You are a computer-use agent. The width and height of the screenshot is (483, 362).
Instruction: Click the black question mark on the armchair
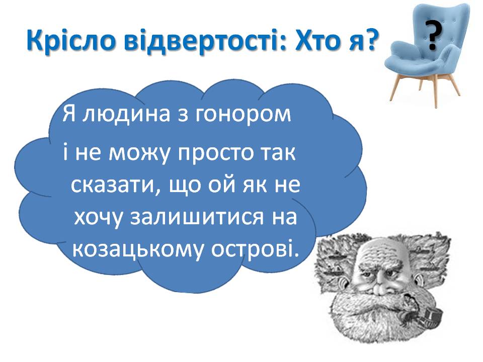(x=434, y=35)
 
